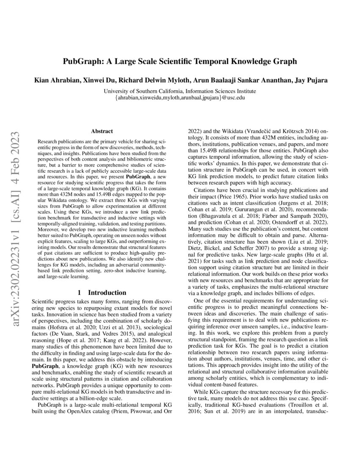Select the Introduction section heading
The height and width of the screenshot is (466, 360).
coord(103,292)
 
